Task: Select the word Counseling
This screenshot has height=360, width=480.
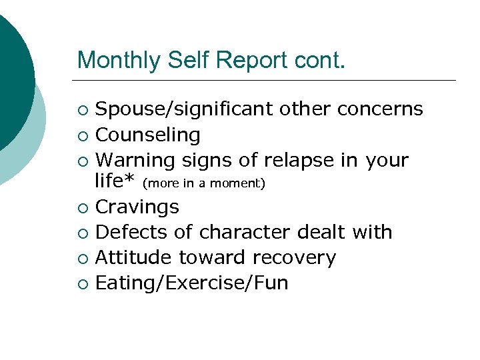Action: [148, 135]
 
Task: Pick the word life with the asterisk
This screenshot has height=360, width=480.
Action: [116, 181]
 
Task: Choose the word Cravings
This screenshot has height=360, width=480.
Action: [137, 207]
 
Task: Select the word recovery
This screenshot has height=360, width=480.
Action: [296, 258]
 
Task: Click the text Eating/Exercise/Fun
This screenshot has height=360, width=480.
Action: [192, 283]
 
